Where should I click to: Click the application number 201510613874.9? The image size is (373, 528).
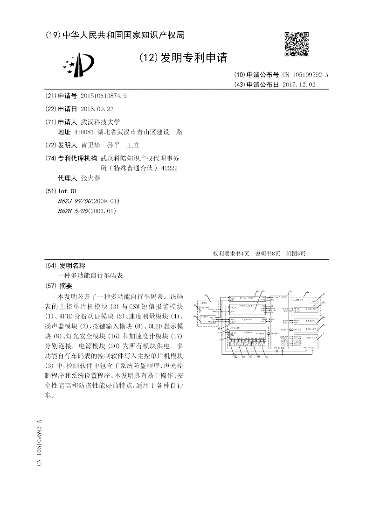104,96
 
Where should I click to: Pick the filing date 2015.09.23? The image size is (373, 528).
97,108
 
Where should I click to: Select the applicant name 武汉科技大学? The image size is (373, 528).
100,121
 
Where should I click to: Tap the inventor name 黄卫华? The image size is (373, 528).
90,145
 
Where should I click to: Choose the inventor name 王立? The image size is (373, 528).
134,145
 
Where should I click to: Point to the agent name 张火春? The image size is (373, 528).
90,178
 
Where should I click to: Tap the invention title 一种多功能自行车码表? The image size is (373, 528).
90,275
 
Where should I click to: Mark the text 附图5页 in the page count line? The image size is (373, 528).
296,253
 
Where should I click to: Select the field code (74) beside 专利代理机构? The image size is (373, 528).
51,158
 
